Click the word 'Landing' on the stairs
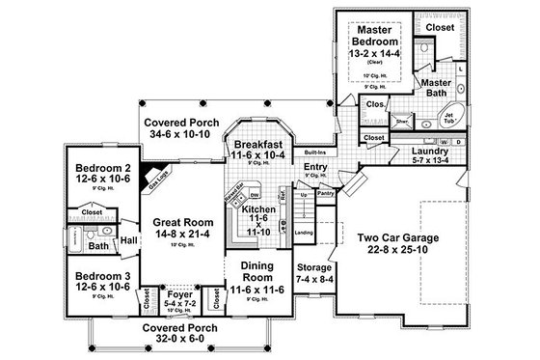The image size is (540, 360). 301,232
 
